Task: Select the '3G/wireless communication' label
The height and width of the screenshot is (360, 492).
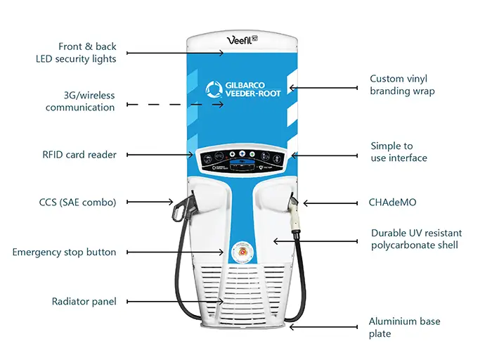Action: click(x=80, y=101)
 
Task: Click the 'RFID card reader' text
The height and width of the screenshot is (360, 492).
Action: click(x=79, y=155)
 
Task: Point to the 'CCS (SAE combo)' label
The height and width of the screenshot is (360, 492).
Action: click(x=78, y=202)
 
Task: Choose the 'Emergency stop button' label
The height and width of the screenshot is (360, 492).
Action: click(x=64, y=252)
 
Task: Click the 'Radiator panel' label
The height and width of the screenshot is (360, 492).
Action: click(x=84, y=301)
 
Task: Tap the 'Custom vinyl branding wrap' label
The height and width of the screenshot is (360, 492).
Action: click(x=402, y=85)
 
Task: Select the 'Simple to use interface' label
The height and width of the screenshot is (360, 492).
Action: click(x=399, y=152)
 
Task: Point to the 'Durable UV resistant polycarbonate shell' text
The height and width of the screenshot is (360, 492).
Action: click(x=414, y=238)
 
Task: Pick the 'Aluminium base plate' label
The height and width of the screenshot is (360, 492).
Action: click(x=404, y=328)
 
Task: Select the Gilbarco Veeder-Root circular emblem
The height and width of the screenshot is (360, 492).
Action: click(x=213, y=90)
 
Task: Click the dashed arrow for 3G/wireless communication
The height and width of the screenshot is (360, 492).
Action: click(x=176, y=104)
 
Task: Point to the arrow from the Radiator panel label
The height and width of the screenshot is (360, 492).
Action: click(x=176, y=301)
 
